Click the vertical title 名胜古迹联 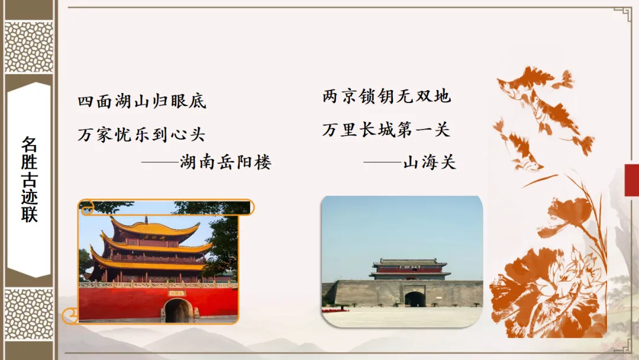point(29,179)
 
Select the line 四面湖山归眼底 point(142,101)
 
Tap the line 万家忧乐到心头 point(141,134)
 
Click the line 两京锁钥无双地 point(387,97)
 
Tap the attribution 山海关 point(430,162)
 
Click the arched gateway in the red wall point(178,310)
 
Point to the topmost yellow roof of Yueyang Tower point(155,227)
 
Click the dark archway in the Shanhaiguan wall point(415,298)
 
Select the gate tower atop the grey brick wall point(409,269)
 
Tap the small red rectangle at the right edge point(632,180)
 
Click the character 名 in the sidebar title point(29,144)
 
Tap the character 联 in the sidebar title point(29,214)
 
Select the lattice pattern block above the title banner point(29,47)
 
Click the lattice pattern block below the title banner point(29,313)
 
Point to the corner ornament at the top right point(622,14)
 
